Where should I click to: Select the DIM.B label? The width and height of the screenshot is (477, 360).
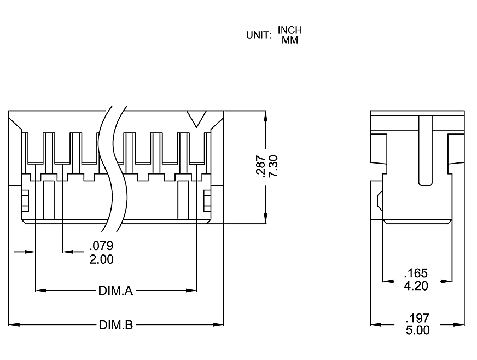click(116, 325)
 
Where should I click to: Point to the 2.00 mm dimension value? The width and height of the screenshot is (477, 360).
click(101, 259)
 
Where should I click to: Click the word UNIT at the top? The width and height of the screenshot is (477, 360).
click(259, 36)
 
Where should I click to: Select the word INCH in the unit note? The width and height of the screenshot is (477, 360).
click(290, 30)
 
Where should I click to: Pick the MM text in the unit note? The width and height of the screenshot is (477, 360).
click(290, 40)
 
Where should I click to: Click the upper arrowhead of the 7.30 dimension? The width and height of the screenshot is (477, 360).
click(265, 117)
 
